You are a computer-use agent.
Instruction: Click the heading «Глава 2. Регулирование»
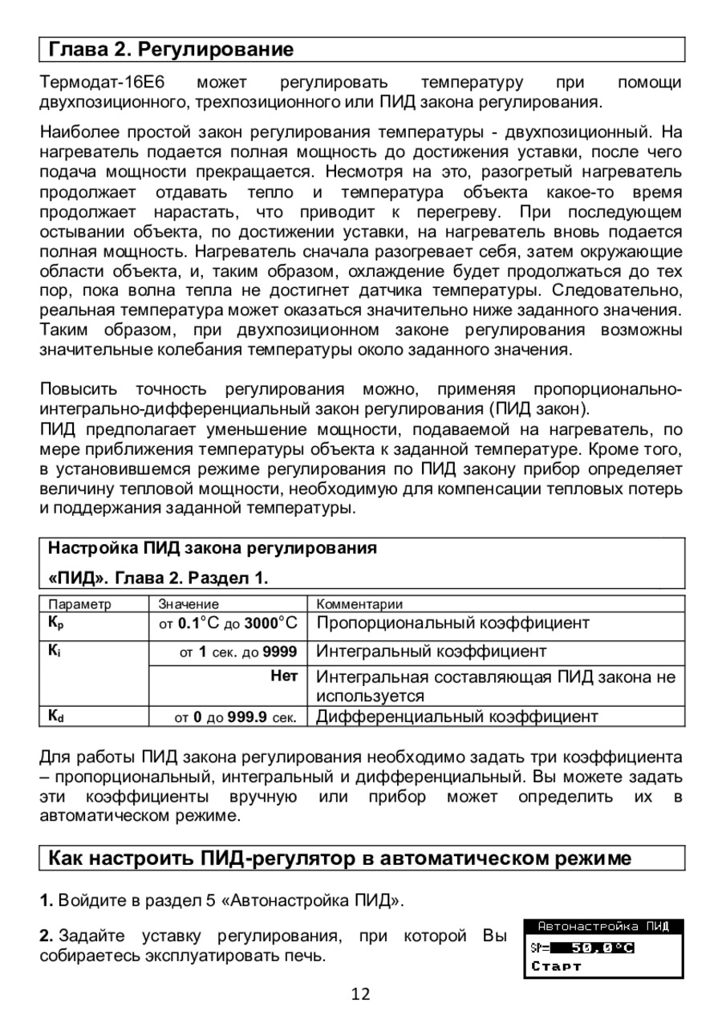pos(172,50)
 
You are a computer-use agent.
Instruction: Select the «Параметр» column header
pos(80,604)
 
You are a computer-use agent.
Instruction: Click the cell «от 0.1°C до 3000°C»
pos(227,623)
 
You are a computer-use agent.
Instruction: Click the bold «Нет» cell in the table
pos(284,677)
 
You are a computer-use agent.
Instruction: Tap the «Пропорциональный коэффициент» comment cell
pos(453,623)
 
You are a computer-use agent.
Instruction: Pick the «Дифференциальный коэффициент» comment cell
pos(457,717)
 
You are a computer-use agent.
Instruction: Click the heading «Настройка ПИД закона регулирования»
pos(213,550)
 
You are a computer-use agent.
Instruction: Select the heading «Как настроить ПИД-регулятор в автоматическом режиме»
pos(340,859)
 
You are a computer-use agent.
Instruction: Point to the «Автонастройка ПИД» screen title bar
pos(603,927)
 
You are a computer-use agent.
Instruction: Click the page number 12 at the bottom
pos(361,995)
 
